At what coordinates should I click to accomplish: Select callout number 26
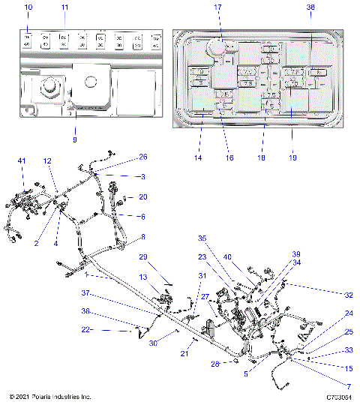tap(143, 157)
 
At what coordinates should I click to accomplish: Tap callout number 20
tap(143, 197)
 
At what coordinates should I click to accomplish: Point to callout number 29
tap(142, 257)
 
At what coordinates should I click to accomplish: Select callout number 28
tap(214, 364)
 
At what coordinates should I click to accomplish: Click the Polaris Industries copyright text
tap(49, 397)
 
